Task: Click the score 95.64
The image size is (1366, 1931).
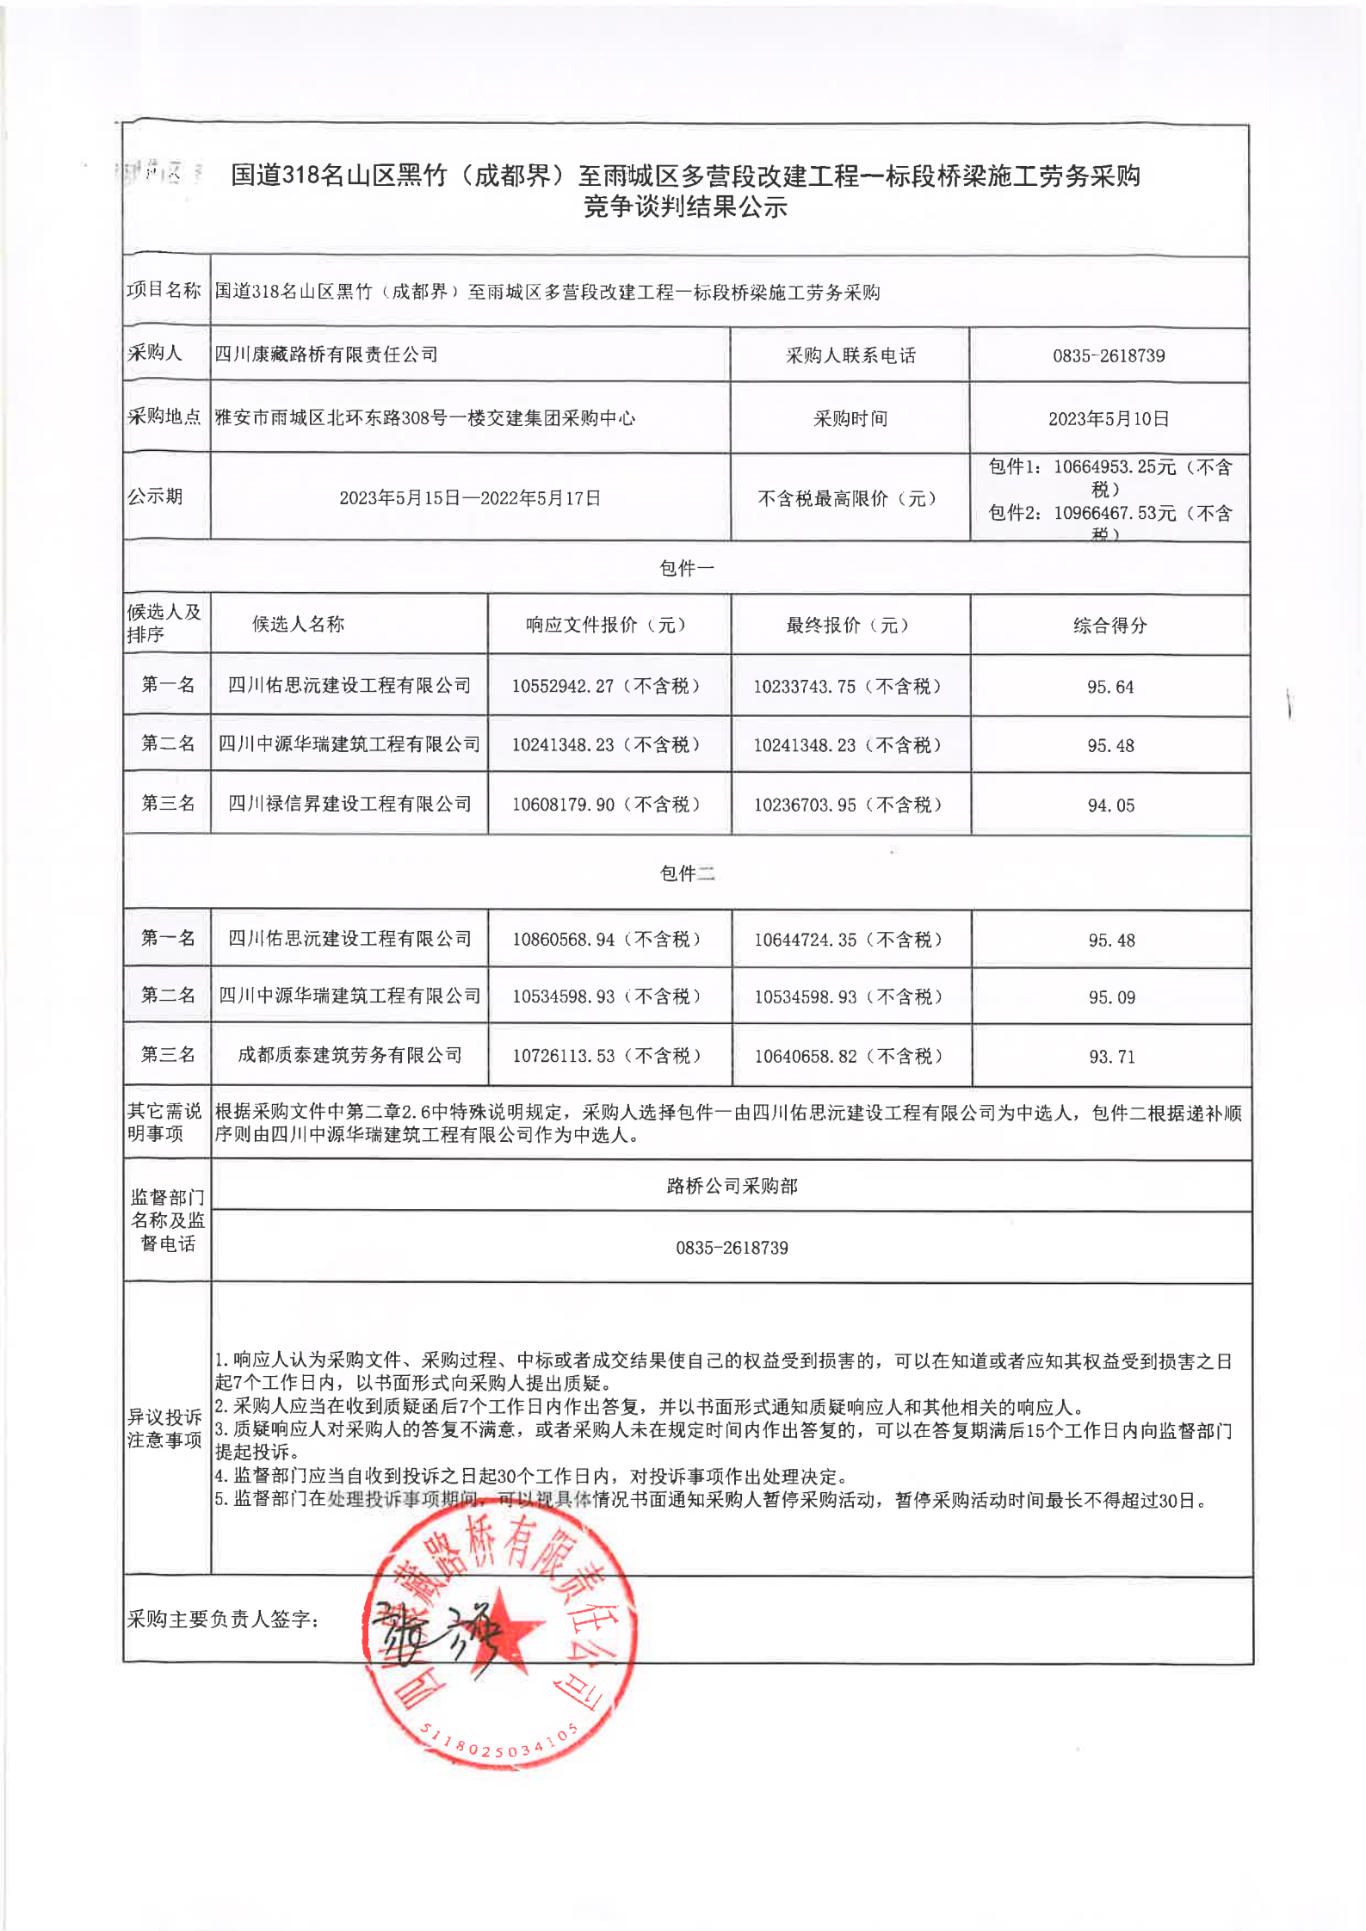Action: point(1109,687)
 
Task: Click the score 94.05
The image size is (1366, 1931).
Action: point(1110,805)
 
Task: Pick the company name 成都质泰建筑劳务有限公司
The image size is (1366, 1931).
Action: point(349,1055)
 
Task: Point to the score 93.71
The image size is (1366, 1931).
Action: point(1111,1057)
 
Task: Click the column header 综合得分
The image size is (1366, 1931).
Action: point(1109,626)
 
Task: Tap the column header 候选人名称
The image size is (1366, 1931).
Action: point(298,624)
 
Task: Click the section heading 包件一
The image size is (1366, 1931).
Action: point(686,568)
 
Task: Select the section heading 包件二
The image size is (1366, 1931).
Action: point(686,873)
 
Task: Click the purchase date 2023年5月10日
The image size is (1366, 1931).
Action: point(1108,419)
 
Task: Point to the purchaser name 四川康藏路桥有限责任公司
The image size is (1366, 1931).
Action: point(326,355)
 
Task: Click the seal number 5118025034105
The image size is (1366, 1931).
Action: point(499,1743)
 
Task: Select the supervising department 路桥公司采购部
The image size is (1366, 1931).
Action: point(732,1186)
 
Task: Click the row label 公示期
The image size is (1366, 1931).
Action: point(155,497)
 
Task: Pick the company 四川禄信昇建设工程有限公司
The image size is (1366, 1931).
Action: point(349,804)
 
